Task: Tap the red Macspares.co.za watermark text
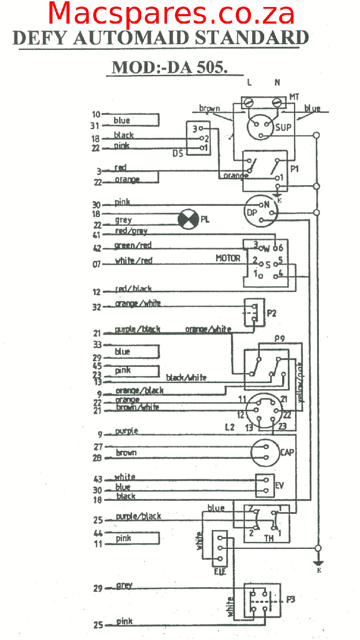tap(171, 13)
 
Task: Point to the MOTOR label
tap(228, 258)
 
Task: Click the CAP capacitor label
tap(287, 452)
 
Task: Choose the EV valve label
tap(280, 485)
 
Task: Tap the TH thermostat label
tap(269, 538)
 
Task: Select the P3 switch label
tap(291, 599)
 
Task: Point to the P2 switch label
tap(272, 313)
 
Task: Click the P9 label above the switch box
tap(280, 339)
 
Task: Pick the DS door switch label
tap(178, 154)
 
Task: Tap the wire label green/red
tap(133, 246)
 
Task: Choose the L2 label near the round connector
tap(230, 427)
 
